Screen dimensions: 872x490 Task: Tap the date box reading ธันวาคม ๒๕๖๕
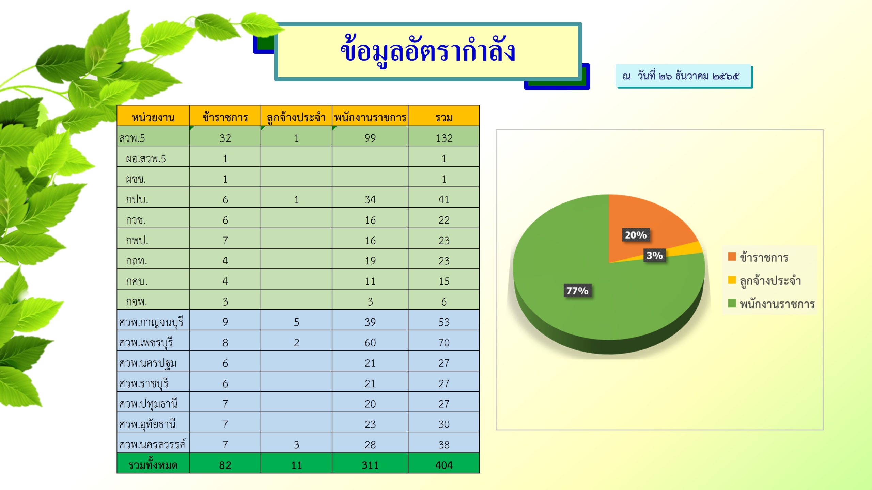pyautogui.click(x=684, y=76)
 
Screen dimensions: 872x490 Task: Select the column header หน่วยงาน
pyautogui.click(x=153, y=118)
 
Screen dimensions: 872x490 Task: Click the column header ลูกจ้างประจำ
pyautogui.click(x=296, y=118)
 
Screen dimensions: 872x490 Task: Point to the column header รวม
pyautogui.click(x=444, y=118)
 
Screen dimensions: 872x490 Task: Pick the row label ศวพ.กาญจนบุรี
pyautogui.click(x=151, y=322)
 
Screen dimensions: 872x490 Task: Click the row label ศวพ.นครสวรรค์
pyautogui.click(x=152, y=444)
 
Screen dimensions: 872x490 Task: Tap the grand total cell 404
pyautogui.click(x=444, y=465)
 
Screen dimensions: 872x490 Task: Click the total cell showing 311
pyautogui.click(x=370, y=465)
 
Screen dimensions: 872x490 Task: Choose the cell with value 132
pyautogui.click(x=444, y=138)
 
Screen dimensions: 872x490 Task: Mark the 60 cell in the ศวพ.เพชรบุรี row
pyautogui.click(x=370, y=343)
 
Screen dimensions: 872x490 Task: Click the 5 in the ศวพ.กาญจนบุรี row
pyautogui.click(x=296, y=322)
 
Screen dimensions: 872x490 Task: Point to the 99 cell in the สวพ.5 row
pyautogui.click(x=370, y=138)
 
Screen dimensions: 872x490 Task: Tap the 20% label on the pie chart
pyautogui.click(x=636, y=235)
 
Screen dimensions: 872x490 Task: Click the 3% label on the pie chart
pyautogui.click(x=655, y=255)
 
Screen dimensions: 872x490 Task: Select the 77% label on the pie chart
pyautogui.click(x=577, y=291)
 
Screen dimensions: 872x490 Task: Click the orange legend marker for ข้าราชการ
pyautogui.click(x=732, y=256)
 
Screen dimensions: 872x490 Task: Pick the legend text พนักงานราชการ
pyautogui.click(x=777, y=304)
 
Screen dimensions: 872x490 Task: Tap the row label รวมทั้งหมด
pyautogui.click(x=153, y=464)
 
